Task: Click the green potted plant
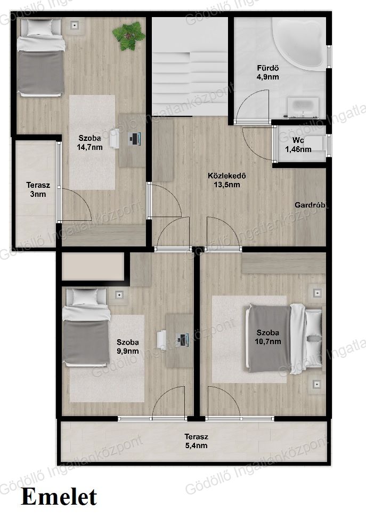coord(128,36)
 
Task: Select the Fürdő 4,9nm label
coord(268,73)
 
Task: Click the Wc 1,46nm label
coord(298,145)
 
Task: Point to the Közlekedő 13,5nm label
coord(227,180)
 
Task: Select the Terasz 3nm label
coord(38,189)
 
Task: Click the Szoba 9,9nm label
coord(128,347)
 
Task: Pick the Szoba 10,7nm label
coord(267,337)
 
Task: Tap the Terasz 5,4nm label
coord(196,441)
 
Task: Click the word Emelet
coord(59,497)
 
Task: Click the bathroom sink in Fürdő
coord(303,107)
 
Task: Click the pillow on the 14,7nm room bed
coord(39,27)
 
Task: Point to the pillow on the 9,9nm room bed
coord(85,297)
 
